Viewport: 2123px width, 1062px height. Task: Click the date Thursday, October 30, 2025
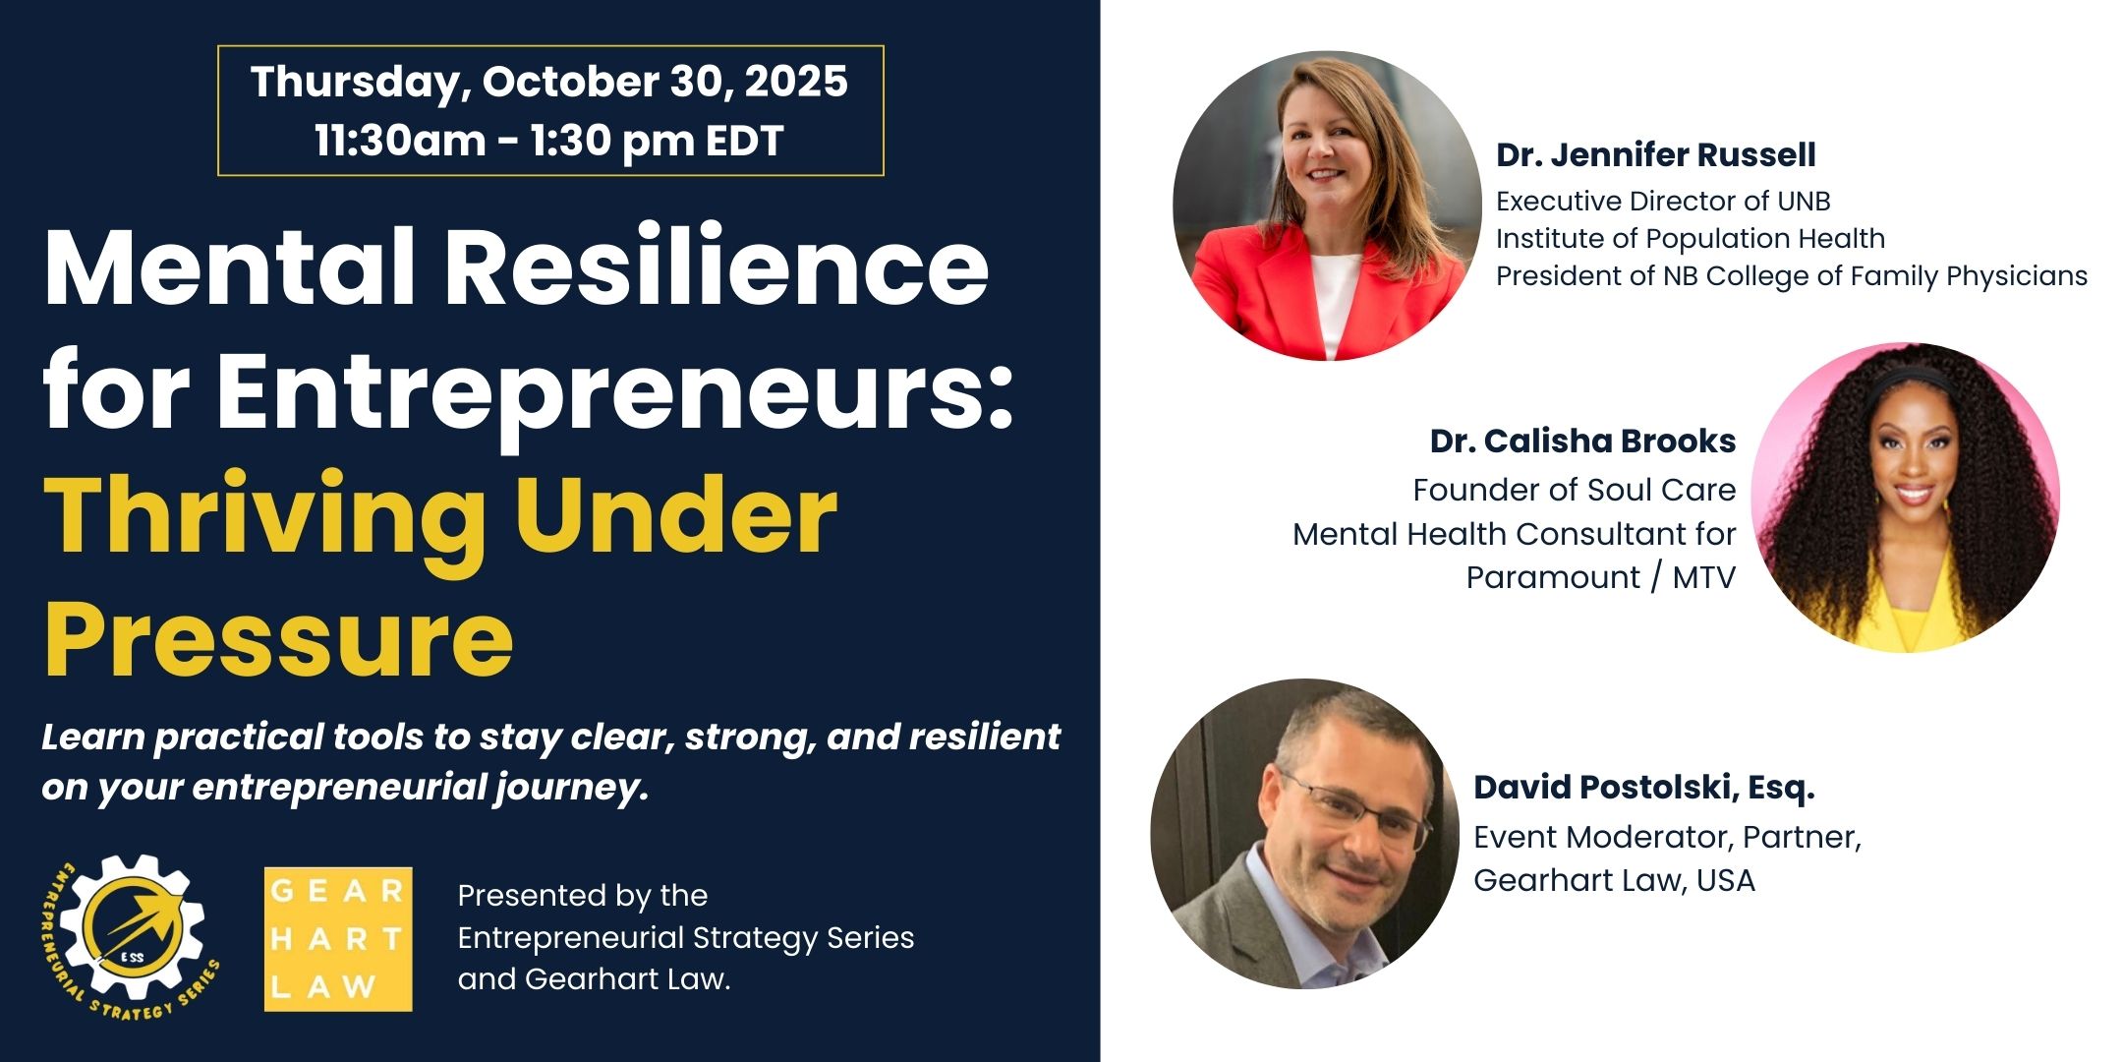coord(548,83)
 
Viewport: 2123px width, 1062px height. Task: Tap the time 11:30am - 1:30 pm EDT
coord(548,141)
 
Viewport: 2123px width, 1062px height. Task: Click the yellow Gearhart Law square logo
coord(338,939)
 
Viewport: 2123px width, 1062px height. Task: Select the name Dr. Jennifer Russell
coord(1656,155)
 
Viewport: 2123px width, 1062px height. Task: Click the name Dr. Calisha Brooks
coord(1582,441)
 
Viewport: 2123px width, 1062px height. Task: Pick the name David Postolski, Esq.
coord(1643,787)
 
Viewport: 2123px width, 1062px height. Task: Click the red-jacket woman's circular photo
coord(1327,206)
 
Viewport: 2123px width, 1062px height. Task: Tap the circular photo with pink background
coord(1905,498)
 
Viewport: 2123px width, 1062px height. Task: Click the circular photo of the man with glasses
coord(1305,834)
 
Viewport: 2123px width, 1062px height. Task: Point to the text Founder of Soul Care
coord(1575,490)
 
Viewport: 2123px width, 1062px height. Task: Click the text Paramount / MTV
coord(1601,577)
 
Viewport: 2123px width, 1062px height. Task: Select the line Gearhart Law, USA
coord(1614,880)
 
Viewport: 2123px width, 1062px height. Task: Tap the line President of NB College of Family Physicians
coord(1792,276)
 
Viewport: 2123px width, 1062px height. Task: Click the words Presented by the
coord(583,896)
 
